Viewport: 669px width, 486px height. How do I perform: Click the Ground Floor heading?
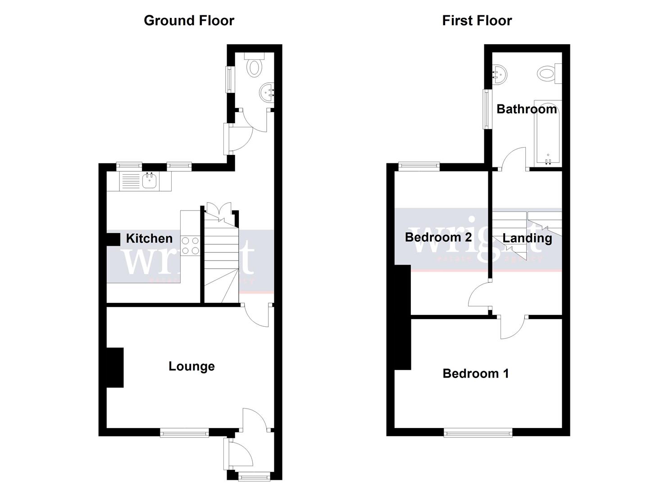[189, 21]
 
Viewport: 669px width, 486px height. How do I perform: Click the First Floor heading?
[477, 21]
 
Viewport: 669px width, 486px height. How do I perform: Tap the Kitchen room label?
[149, 238]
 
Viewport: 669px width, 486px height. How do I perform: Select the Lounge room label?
[191, 366]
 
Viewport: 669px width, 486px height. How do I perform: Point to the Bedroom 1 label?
[476, 373]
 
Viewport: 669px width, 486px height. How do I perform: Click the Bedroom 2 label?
[438, 237]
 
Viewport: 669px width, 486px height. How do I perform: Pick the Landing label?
[527, 238]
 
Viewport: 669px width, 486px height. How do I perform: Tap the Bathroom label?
[526, 109]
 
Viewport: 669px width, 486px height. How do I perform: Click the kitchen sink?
[149, 181]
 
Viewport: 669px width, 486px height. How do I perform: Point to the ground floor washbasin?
[267, 93]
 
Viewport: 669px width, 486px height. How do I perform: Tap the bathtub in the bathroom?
[547, 133]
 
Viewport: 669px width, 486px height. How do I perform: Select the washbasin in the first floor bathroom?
[499, 75]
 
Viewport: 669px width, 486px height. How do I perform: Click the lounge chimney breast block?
[115, 367]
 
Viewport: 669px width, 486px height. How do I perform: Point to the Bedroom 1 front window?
[478, 433]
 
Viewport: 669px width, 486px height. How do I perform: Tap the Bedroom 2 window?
[419, 166]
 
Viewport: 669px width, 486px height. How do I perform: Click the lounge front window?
[184, 433]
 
